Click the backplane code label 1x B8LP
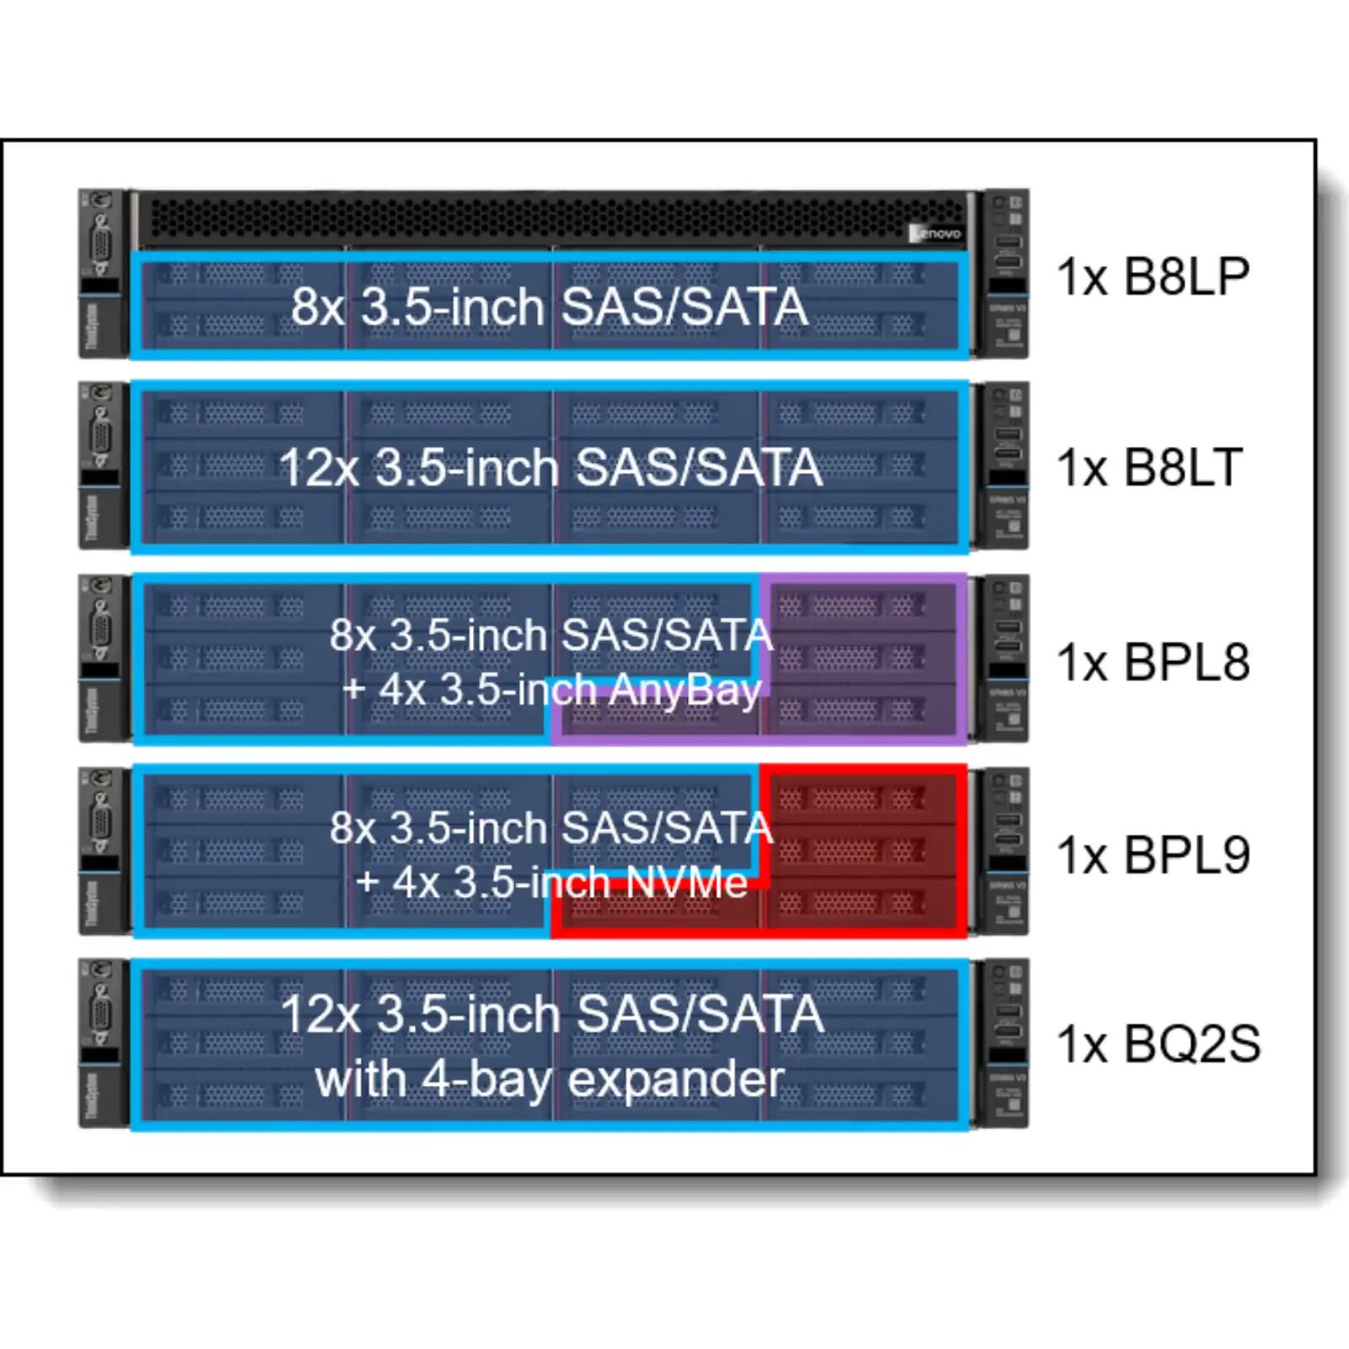pos(1153,276)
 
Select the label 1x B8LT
pos(1150,467)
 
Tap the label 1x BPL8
pos(1153,662)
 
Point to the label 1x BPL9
pos(1153,855)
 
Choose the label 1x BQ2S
pos(1158,1044)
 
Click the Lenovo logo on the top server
pos(937,233)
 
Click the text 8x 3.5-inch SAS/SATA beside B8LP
pos(550,306)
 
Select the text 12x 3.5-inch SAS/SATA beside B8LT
pos(551,467)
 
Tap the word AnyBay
pos(685,690)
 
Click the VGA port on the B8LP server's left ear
pos(100,245)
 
